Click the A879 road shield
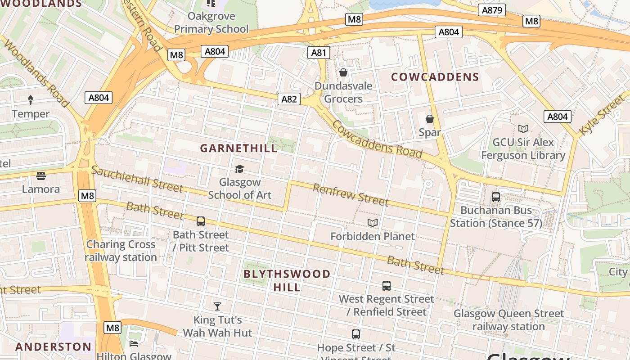tap(492, 10)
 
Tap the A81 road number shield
tap(319, 53)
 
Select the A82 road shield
tap(288, 99)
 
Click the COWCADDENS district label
tap(435, 77)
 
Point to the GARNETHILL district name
tap(238, 148)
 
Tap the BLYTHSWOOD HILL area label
tap(287, 280)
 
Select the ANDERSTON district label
tap(53, 346)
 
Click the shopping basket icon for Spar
tap(430, 119)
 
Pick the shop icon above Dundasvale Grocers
tap(343, 72)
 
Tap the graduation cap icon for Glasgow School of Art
tap(239, 169)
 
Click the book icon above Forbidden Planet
tap(372, 223)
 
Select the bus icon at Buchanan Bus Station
tap(495, 197)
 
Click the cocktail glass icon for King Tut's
tap(217, 306)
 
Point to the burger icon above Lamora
tap(41, 175)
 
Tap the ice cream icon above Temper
tap(31, 100)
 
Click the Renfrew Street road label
tap(350, 194)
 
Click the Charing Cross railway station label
tap(121, 251)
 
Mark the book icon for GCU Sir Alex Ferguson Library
tap(523, 129)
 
